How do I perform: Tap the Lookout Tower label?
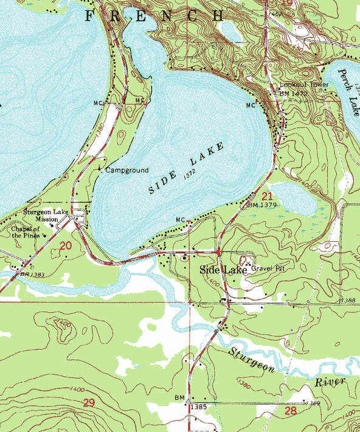pyautogui.click(x=304, y=85)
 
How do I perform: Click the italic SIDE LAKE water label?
pyautogui.click(x=186, y=168)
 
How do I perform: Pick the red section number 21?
pyautogui.click(x=267, y=196)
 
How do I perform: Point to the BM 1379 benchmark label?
pyautogui.click(x=263, y=205)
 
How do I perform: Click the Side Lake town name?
pyautogui.click(x=223, y=269)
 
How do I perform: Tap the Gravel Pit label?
pyautogui.click(x=268, y=267)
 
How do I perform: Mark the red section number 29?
pyautogui.click(x=89, y=403)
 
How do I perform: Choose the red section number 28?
pyautogui.click(x=290, y=411)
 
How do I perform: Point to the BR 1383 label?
pyautogui.click(x=32, y=275)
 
